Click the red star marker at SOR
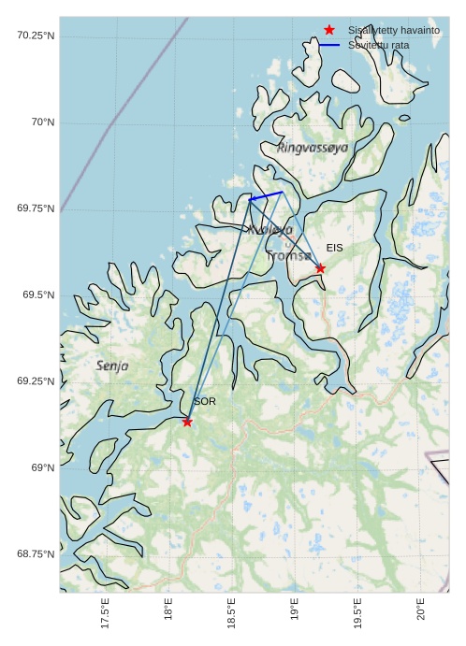pos(187,422)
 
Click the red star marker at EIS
pos(320,268)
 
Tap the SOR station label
pos(205,401)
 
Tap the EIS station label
pos(334,248)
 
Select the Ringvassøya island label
pos(313,148)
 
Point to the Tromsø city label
pos(288,255)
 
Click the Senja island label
pos(112,366)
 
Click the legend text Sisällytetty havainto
pos(393,30)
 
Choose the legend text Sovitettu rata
pos(378,45)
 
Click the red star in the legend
pos(328,30)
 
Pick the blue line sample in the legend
pos(328,45)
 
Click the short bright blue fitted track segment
pos(266,195)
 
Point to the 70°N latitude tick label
pos(36,122)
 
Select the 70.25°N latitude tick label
pos(36,36)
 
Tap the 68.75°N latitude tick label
pos(36,553)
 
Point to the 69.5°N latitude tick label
pos(36,294)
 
